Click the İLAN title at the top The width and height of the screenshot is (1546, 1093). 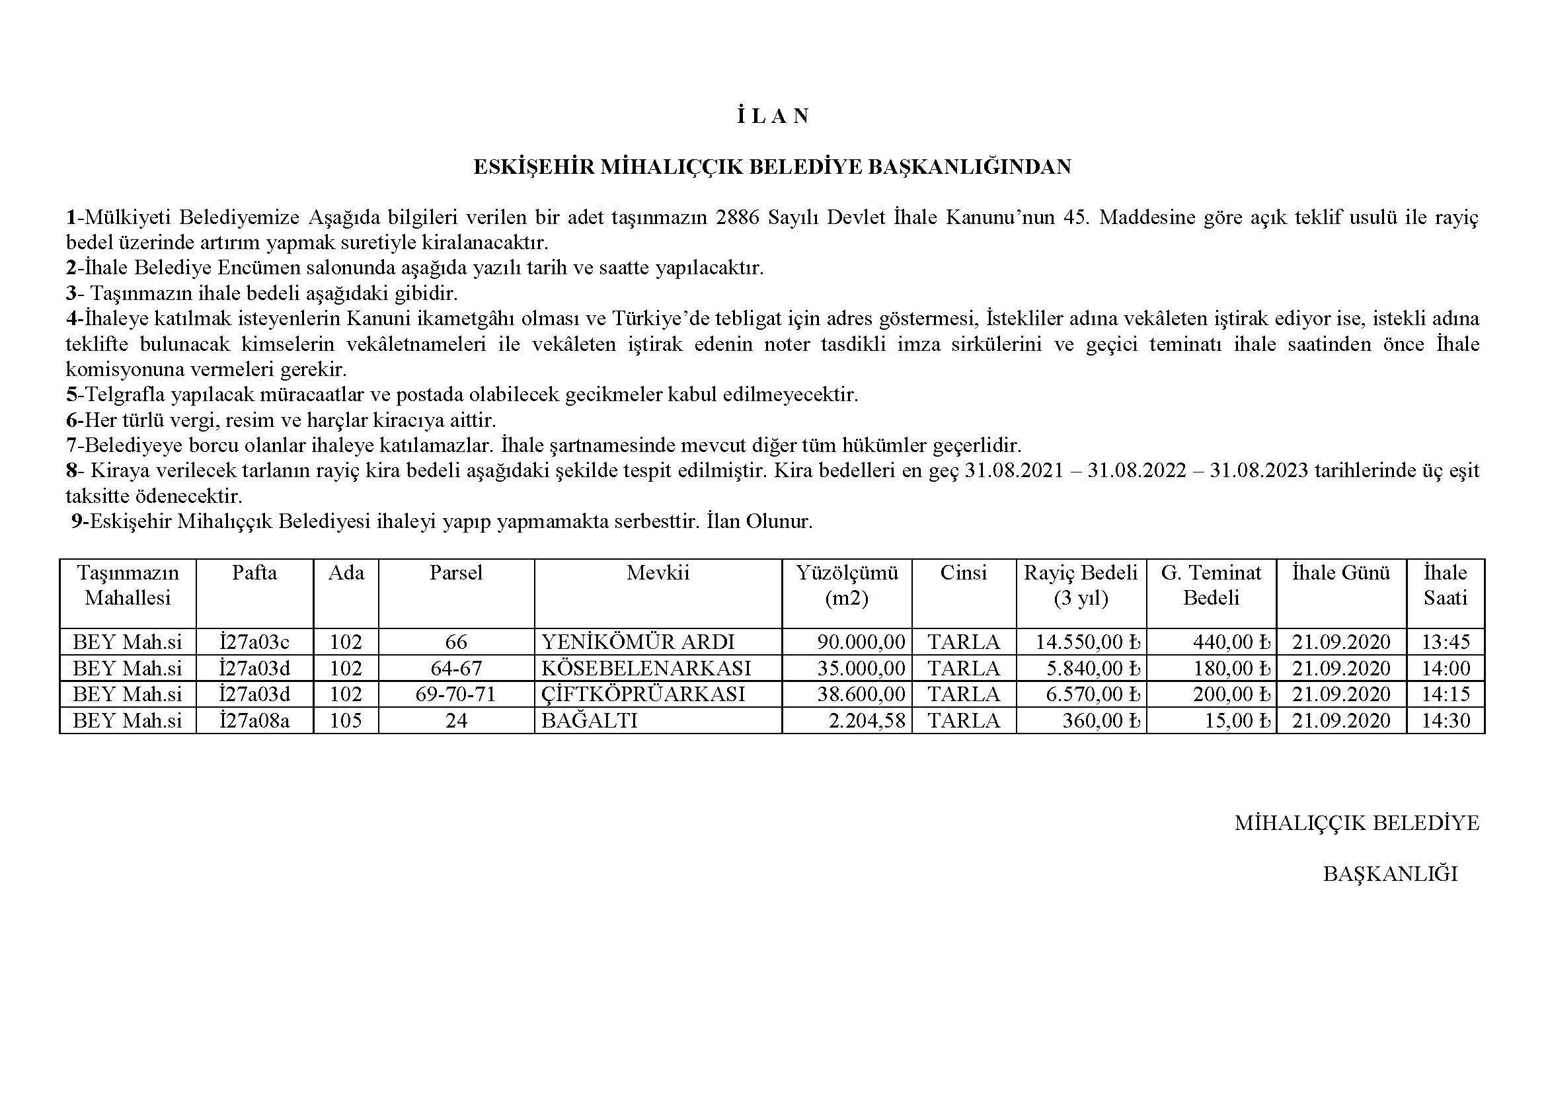pos(772,116)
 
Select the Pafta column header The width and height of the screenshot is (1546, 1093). pos(254,573)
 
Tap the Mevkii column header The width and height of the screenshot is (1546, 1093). pos(658,573)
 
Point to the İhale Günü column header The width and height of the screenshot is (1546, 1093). pos(1341,573)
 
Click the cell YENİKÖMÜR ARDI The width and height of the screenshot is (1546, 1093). pos(638,642)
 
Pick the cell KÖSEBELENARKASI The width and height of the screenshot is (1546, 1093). pos(646,668)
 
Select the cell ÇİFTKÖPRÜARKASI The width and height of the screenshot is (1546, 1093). pos(643,694)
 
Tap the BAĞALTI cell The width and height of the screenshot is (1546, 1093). pos(589,721)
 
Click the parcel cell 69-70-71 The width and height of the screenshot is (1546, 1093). pos(456,694)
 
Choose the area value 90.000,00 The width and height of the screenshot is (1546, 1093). pos(861,642)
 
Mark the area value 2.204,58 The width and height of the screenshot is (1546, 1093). pos(867,721)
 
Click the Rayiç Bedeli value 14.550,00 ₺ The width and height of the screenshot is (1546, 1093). pos(1087,642)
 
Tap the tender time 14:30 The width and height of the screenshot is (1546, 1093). pos(1445,721)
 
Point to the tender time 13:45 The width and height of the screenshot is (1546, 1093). pos(1445,642)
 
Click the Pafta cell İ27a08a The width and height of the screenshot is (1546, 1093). pos(254,721)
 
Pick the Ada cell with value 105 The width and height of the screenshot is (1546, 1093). pos(346,721)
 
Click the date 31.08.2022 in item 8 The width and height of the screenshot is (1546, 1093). pos(1137,471)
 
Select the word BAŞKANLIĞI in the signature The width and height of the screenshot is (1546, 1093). pos(1390,874)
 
